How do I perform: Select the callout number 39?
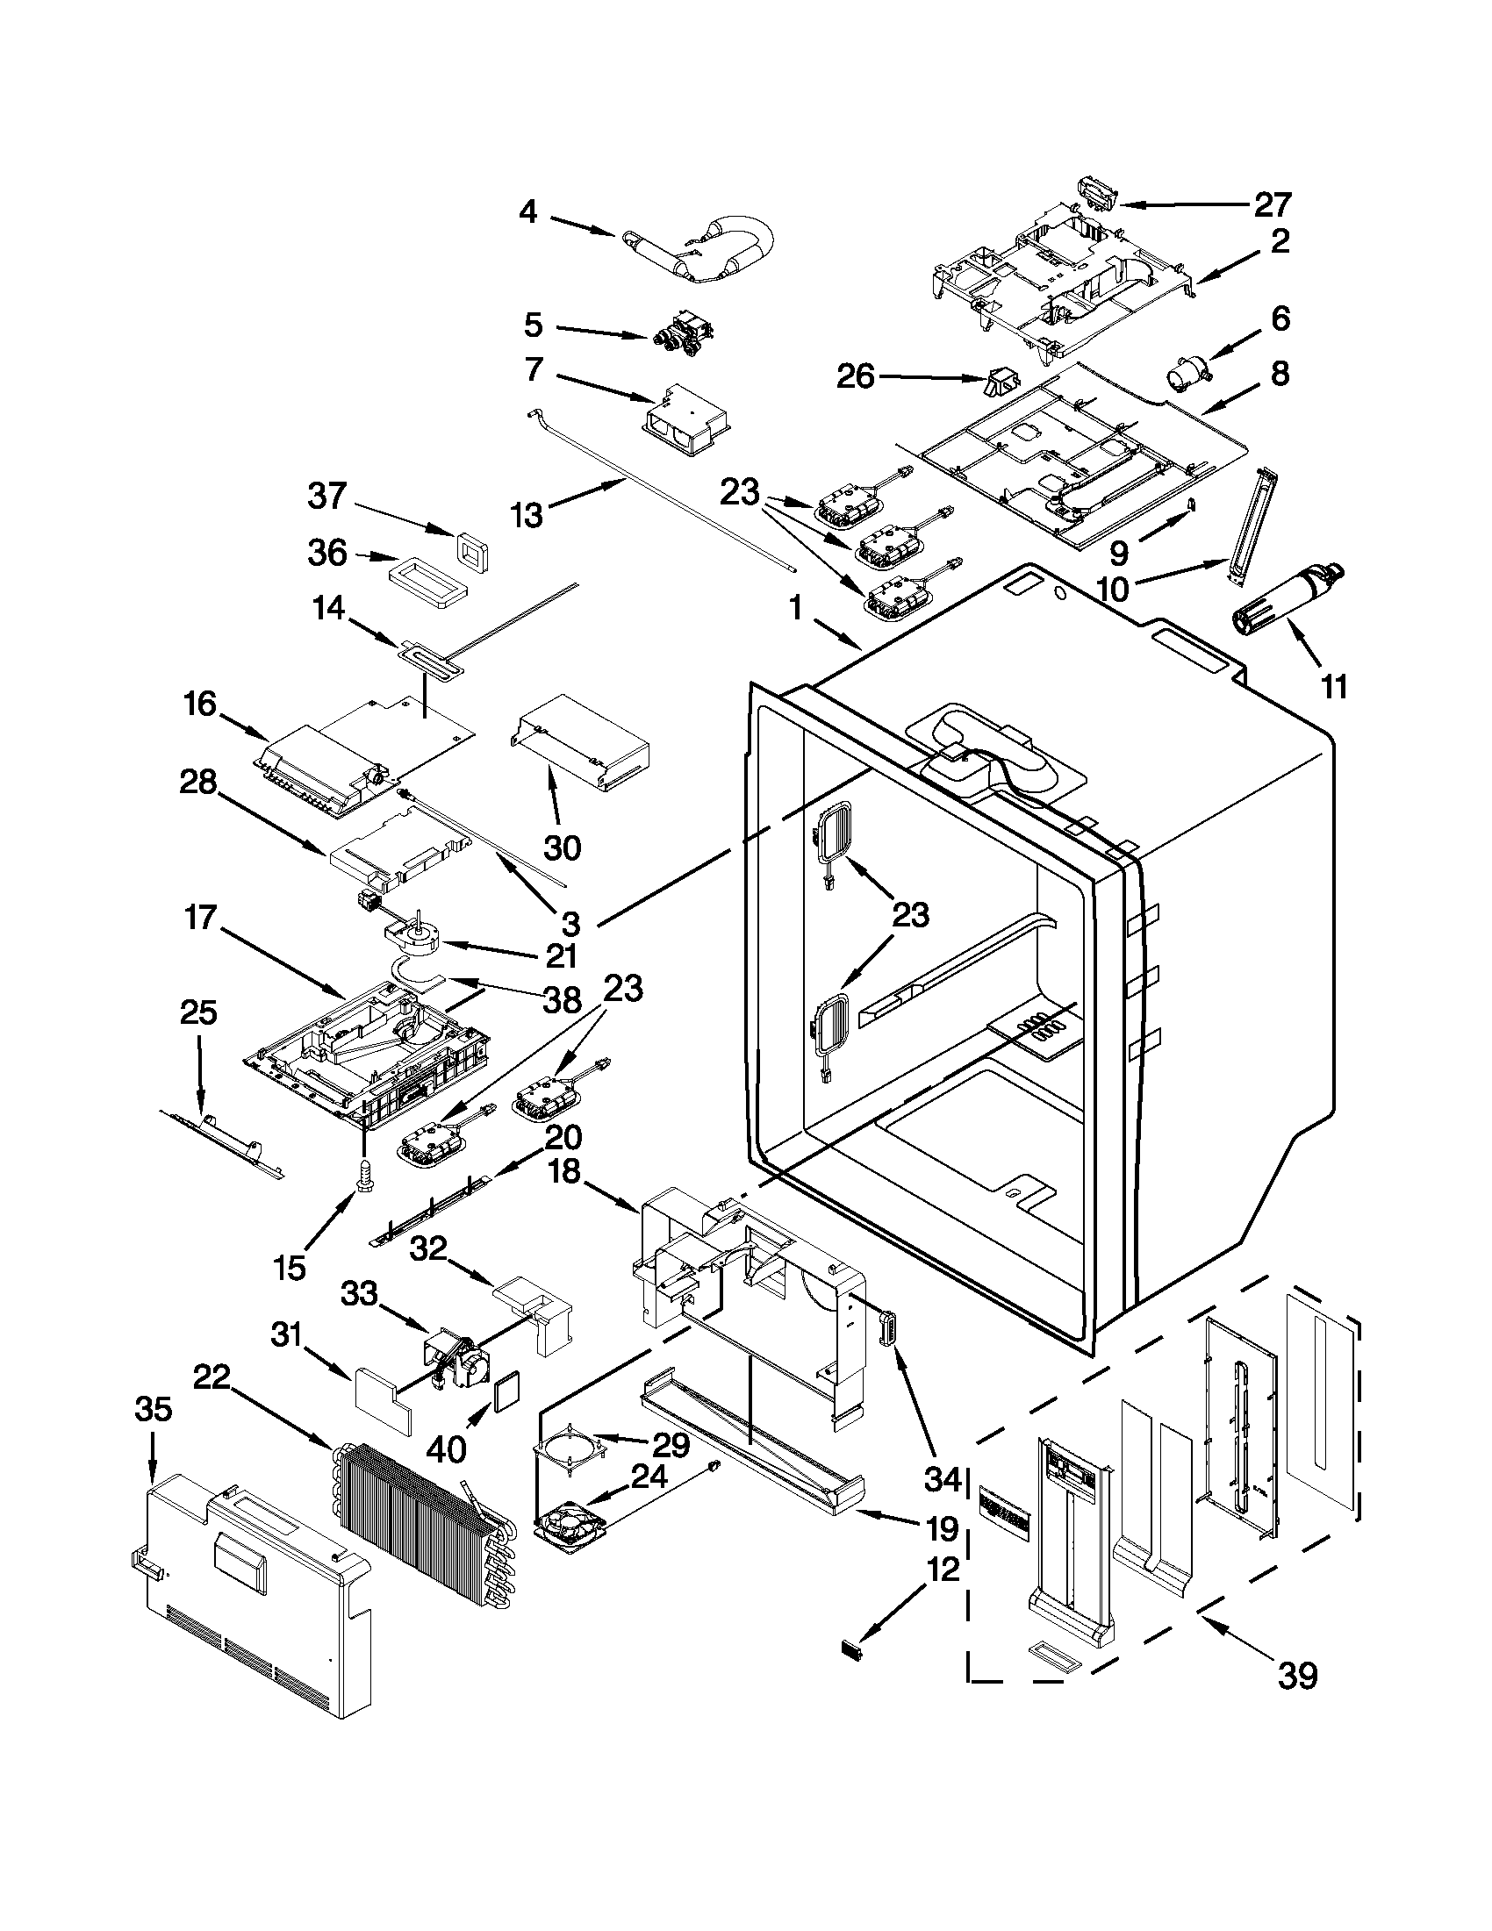(x=1297, y=1675)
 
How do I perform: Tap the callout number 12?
(x=943, y=1570)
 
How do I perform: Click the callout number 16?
(x=201, y=704)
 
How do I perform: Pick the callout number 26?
(x=855, y=376)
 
